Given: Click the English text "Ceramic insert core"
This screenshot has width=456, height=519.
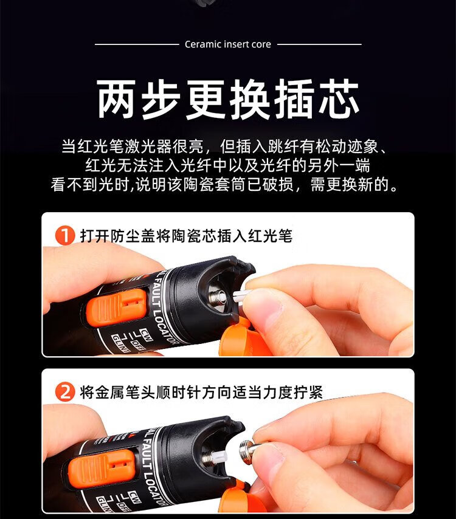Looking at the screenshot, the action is pyautogui.click(x=228, y=44).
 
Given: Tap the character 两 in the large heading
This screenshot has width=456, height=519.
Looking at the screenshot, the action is pyautogui.click(x=116, y=99).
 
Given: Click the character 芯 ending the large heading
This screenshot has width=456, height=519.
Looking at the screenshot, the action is pyautogui.click(x=339, y=99).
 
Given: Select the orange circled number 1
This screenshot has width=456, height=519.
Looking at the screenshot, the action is pyautogui.click(x=65, y=236).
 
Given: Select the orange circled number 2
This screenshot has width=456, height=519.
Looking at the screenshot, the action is pyautogui.click(x=65, y=392).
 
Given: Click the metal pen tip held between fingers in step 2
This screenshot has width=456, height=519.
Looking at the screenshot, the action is pyautogui.click(x=249, y=447).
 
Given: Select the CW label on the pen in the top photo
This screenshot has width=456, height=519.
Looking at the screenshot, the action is pyautogui.click(x=146, y=334).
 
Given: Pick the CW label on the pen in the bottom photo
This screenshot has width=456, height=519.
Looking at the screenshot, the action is pyautogui.click(x=135, y=498).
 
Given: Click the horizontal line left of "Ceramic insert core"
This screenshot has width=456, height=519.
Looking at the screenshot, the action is pyautogui.click(x=137, y=44).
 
